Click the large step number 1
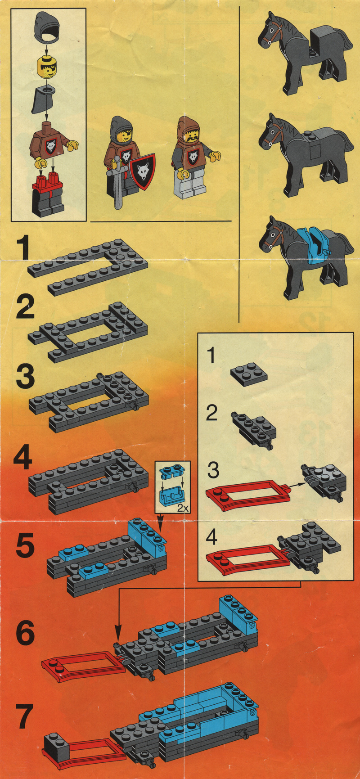(x=23, y=250)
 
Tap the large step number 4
(x=23, y=459)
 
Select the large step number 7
(x=25, y=717)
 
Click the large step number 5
(x=25, y=545)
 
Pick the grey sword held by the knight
(x=118, y=182)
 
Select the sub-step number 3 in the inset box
(x=213, y=470)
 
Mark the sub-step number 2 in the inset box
(x=212, y=413)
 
